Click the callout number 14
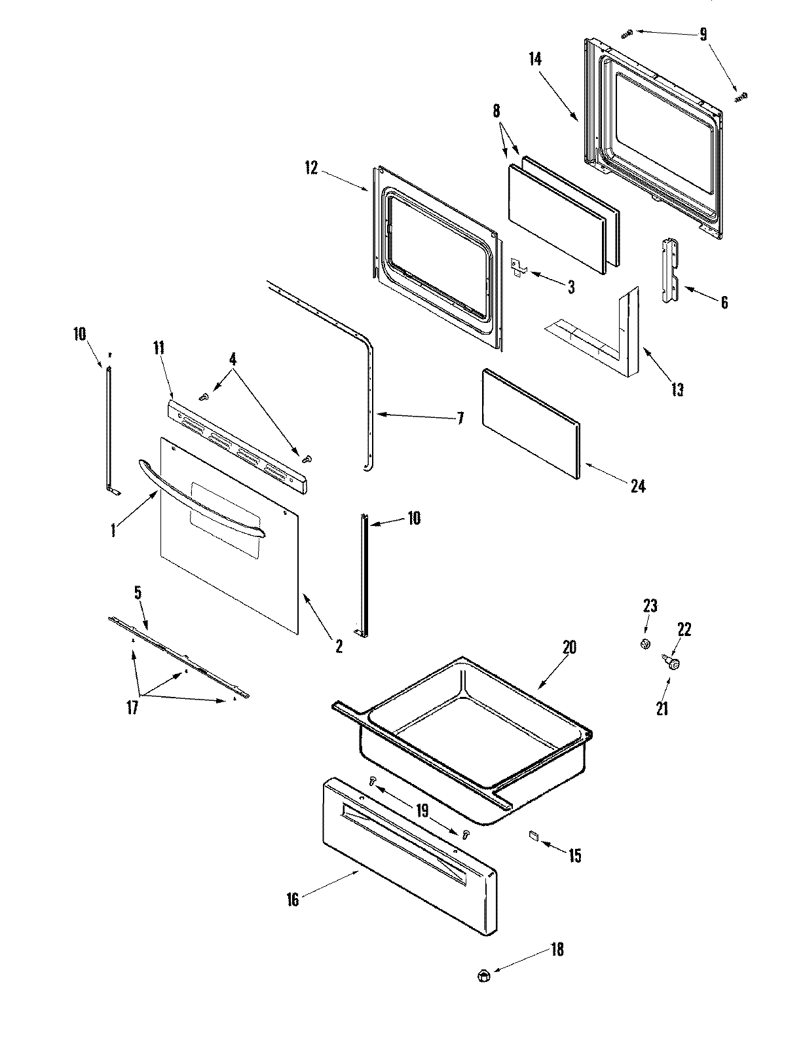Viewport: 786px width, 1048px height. pos(535,59)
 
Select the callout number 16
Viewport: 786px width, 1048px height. pos(293,900)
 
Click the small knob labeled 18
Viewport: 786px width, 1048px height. pos(484,975)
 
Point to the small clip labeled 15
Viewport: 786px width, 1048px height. pos(533,835)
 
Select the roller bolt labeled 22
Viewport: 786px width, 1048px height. pos(673,664)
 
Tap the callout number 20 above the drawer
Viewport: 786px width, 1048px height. pos(569,648)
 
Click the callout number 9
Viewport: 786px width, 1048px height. pos(703,34)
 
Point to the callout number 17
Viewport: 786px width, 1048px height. pos(133,708)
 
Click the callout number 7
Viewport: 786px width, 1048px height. pos(460,418)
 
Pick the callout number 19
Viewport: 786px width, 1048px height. pos(422,811)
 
